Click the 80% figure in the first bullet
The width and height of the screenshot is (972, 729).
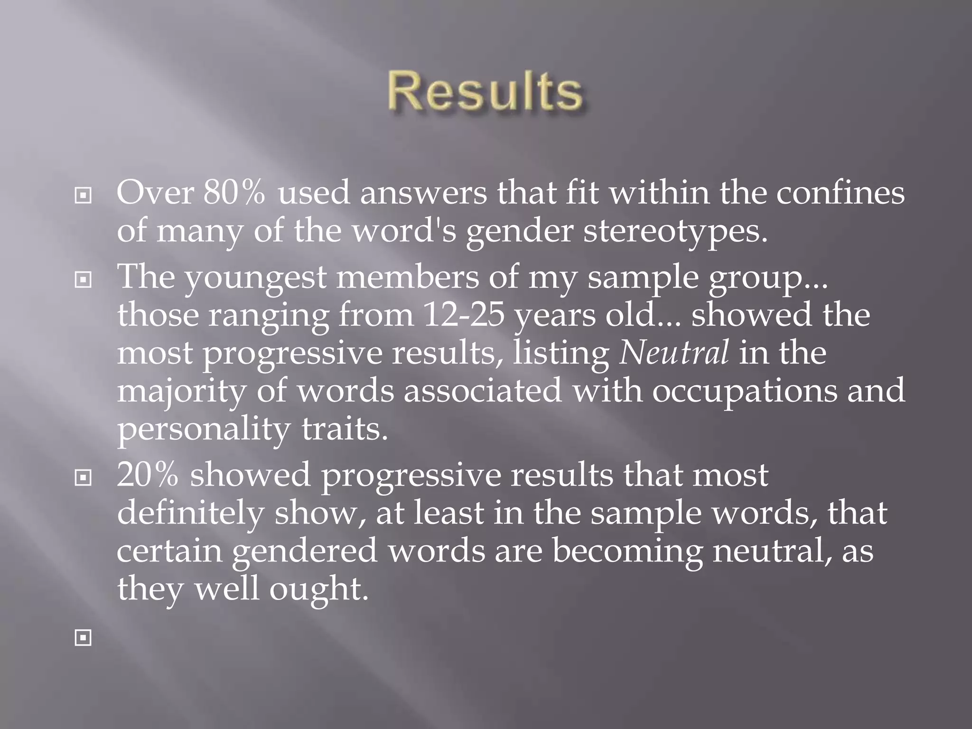[234, 193]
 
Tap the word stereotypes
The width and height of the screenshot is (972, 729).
[675, 232]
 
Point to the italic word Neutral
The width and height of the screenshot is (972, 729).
[674, 353]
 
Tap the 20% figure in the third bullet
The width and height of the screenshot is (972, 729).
[148, 476]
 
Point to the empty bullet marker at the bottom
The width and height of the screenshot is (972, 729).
[83, 638]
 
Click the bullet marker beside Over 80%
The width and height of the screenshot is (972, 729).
[83, 195]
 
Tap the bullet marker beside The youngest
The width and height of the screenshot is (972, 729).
[83, 280]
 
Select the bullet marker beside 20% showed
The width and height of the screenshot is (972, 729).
[83, 478]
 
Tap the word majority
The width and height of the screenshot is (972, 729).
[181, 392]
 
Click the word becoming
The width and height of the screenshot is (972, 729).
[627, 552]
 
